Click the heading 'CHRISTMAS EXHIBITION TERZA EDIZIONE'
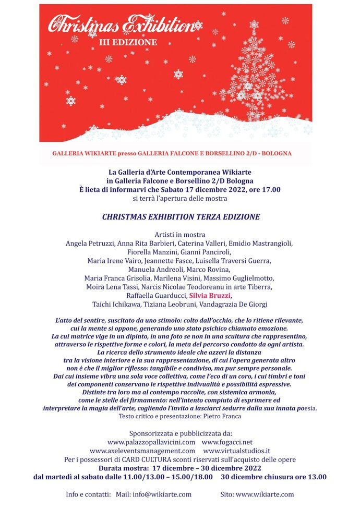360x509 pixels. point(180,216)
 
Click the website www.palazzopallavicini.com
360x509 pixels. point(151,442)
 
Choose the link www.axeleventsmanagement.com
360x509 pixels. point(142,451)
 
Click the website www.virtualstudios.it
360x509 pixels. point(236,451)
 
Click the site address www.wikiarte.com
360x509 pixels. point(265,494)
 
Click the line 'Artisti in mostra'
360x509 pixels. point(180,234)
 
